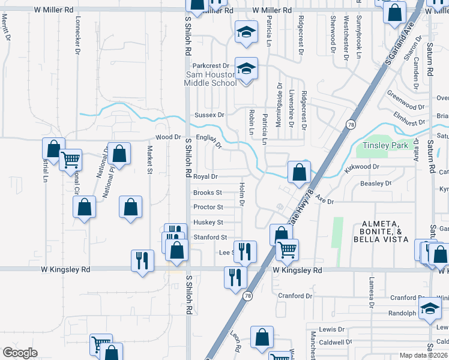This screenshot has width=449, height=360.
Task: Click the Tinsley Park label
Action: click(385, 146)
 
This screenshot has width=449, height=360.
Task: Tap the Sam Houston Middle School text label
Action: click(211, 79)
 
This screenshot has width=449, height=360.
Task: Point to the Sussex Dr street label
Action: click(209, 115)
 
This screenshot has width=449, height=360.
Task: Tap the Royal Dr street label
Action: click(205, 177)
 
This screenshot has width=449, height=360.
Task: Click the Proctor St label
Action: click(208, 208)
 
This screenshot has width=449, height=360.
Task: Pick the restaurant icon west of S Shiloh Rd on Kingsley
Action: click(142, 260)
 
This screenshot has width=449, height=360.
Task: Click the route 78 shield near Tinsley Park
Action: click(349, 124)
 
